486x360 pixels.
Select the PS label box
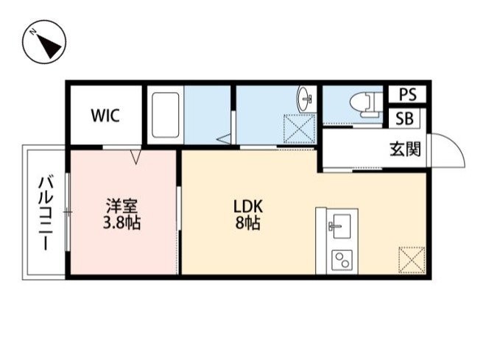406,95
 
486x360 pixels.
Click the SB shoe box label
406,118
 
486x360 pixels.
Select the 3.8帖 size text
121,222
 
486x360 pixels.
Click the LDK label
249,205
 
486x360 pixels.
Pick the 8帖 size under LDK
249,223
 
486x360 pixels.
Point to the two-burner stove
342,260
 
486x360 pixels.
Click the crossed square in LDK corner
411,259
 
